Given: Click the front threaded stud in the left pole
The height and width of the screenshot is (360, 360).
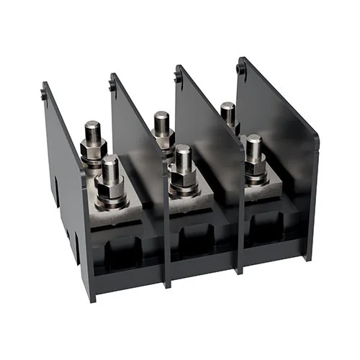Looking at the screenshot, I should [110, 170].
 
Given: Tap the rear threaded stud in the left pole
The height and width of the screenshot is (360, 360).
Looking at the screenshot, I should [92, 134].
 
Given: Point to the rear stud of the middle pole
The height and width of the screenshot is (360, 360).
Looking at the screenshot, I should [162, 122].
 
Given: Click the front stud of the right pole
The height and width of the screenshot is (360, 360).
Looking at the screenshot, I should [253, 148].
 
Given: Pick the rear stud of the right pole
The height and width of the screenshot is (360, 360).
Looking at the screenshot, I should [228, 112].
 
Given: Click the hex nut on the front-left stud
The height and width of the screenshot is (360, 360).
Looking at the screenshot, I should [110, 192].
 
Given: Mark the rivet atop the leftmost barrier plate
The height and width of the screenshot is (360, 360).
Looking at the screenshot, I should [45, 92].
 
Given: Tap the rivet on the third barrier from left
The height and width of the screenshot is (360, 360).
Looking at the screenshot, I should [177, 76].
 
